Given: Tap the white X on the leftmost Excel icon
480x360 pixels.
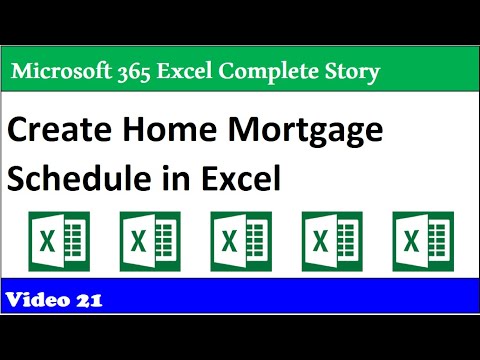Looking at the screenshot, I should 46,244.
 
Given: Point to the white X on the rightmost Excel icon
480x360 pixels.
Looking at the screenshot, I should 410,244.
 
